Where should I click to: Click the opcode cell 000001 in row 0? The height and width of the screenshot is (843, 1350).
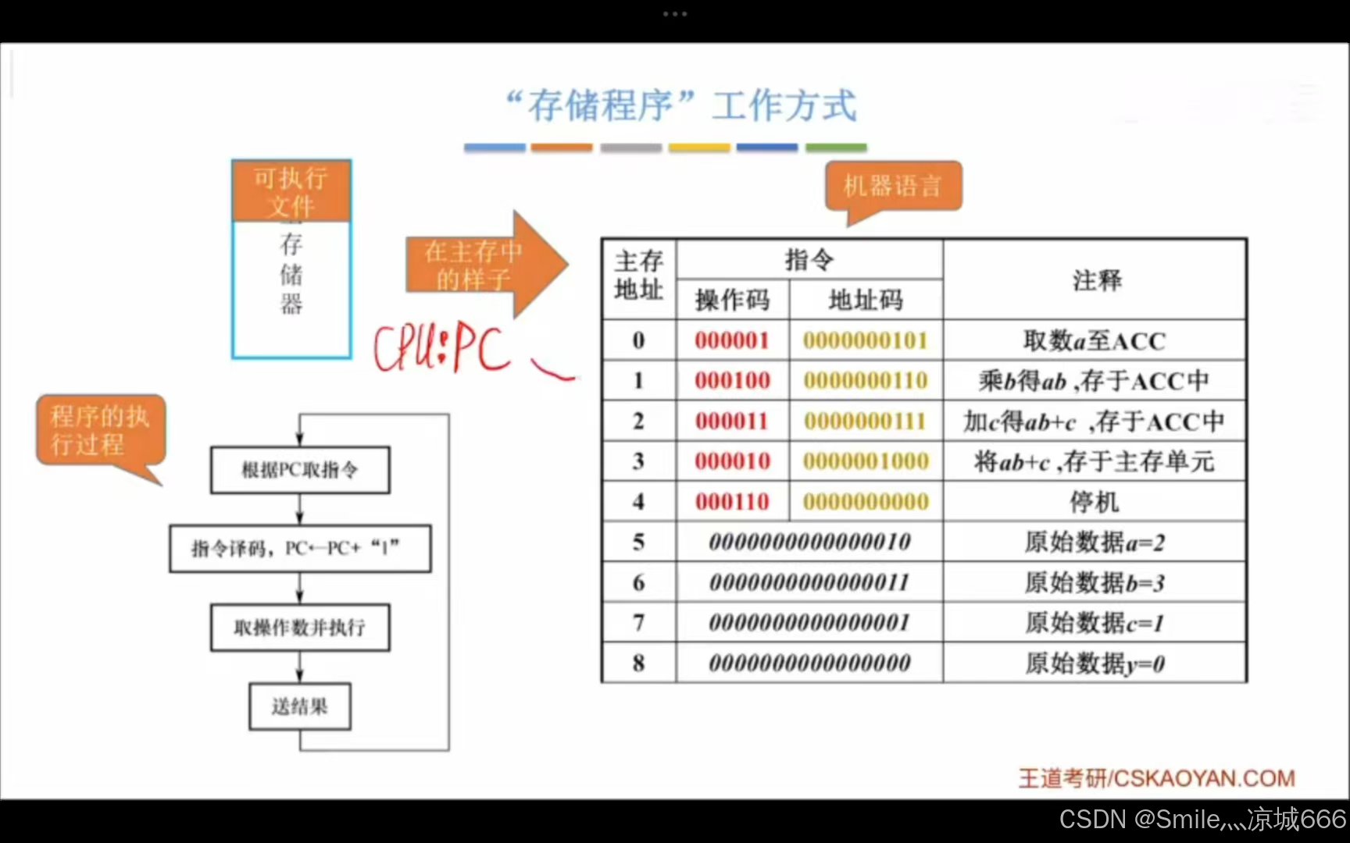[x=732, y=340]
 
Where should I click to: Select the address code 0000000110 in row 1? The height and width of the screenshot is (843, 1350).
[x=866, y=381]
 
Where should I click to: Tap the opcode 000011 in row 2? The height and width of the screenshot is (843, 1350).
[x=732, y=421]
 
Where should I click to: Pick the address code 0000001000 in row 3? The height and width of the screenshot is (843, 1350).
[x=866, y=461]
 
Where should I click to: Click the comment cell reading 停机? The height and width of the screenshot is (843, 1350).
[x=1095, y=502]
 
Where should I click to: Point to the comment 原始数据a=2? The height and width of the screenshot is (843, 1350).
[x=1095, y=542]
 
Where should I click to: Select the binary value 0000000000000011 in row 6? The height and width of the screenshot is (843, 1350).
[x=809, y=582]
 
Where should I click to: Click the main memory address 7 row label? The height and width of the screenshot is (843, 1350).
[x=638, y=623]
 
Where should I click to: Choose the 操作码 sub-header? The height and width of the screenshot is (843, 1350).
[x=732, y=300]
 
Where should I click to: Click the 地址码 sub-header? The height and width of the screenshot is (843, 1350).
[x=866, y=300]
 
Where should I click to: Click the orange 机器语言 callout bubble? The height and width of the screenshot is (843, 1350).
[x=893, y=187]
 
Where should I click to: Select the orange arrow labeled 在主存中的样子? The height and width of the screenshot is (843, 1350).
[x=484, y=265]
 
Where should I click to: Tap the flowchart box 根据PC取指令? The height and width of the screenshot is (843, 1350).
[x=300, y=470]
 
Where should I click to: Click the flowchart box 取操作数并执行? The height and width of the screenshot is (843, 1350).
[x=300, y=628]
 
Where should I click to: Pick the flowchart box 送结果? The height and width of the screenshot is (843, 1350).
[x=300, y=707]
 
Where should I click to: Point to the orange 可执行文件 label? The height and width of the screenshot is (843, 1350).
[x=291, y=191]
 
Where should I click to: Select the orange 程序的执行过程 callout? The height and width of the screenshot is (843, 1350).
[x=100, y=430]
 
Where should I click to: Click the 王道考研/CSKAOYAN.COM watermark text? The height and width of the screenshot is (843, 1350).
[x=1156, y=778]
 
